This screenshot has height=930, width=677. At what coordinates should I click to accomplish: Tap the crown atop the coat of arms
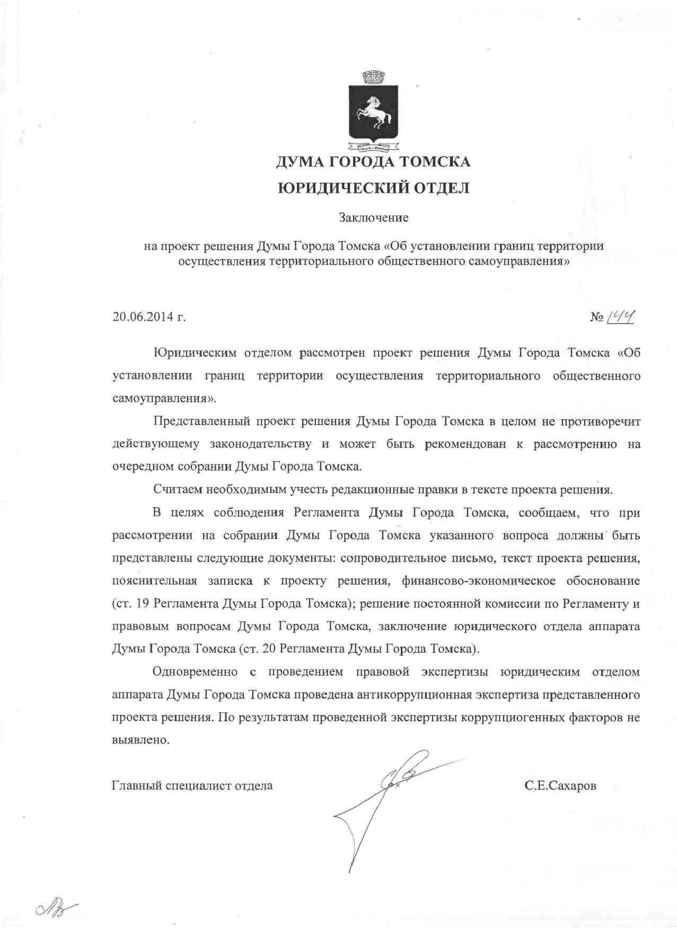click(x=373, y=77)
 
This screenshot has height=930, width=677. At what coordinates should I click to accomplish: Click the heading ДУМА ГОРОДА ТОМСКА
click(x=373, y=161)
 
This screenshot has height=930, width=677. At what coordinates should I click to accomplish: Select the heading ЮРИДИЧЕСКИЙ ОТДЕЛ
click(x=373, y=188)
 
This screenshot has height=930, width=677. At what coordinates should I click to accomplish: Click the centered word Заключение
click(x=373, y=217)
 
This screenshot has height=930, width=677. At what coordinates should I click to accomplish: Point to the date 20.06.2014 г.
click(x=149, y=317)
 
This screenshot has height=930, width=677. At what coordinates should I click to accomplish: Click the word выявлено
click(x=140, y=740)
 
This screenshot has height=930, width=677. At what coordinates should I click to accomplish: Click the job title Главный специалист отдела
click(x=192, y=785)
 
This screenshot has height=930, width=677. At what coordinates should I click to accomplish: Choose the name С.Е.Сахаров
click(x=560, y=785)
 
